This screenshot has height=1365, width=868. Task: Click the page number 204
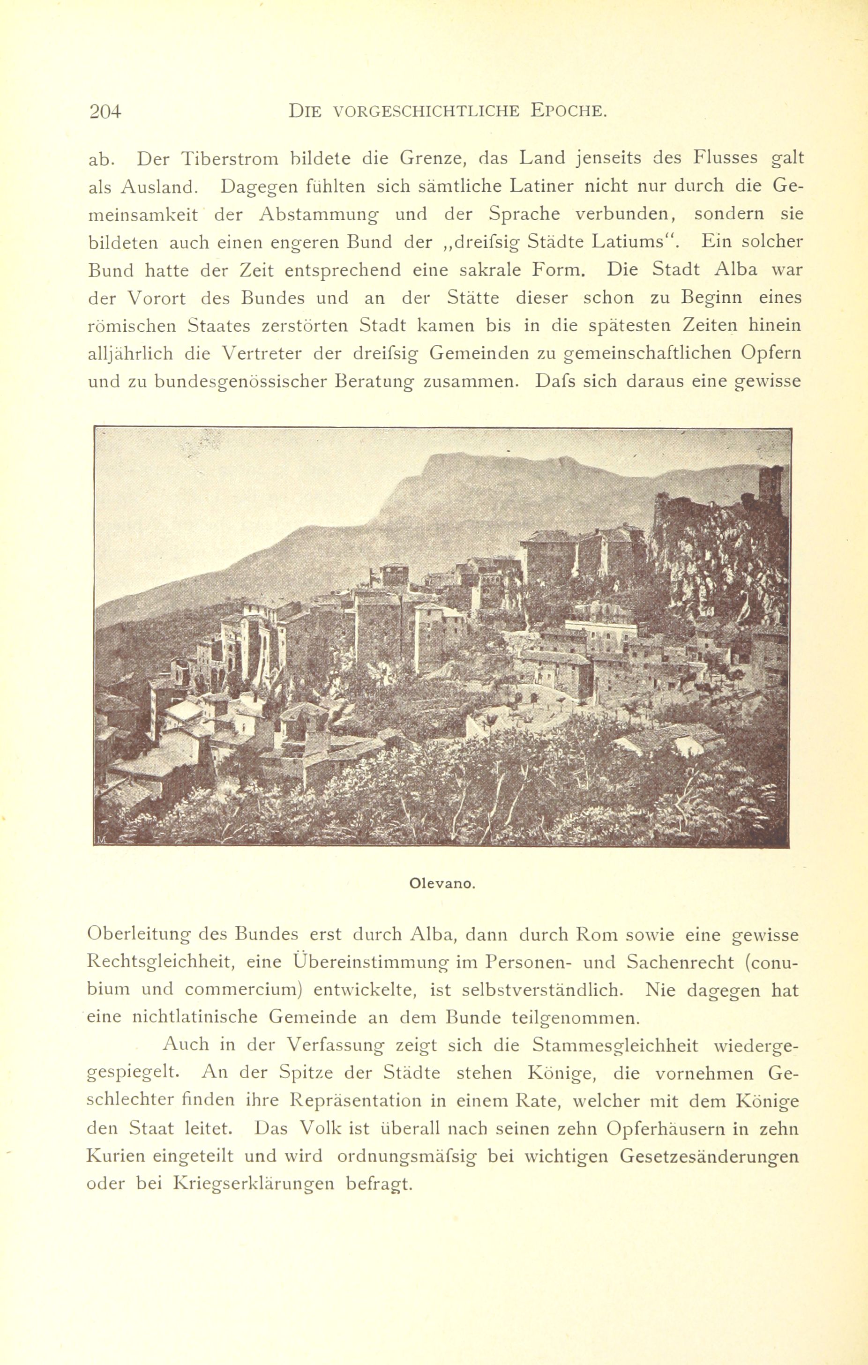105,112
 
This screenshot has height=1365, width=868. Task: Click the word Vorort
161,298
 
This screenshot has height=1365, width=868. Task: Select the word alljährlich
130,354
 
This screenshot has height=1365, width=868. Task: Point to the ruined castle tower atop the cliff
771,484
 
